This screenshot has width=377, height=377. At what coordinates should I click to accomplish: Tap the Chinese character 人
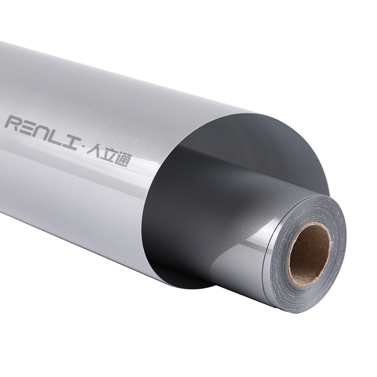[x=94, y=150]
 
